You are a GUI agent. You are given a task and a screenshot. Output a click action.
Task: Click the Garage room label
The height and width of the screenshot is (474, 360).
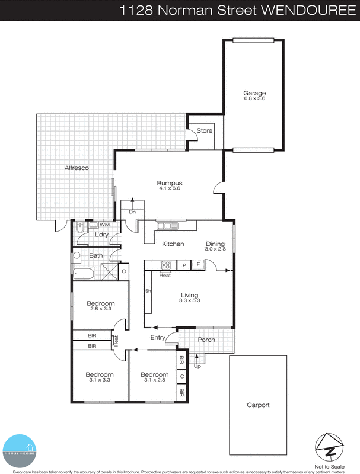click(254, 93)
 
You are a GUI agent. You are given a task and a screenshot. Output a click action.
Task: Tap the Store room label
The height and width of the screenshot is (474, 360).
click(205, 131)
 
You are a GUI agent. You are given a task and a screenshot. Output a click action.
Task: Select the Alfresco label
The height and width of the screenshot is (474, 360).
click(77, 168)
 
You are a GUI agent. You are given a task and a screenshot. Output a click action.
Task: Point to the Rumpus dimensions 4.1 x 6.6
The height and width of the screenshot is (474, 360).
click(168, 189)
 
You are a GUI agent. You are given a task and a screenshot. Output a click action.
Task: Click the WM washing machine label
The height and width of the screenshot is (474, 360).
click(104, 225)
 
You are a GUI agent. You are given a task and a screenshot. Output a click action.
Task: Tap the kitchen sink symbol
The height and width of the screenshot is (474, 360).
click(167, 226)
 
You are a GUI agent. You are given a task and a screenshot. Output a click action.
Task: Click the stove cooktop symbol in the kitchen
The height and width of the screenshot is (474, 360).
click(166, 265)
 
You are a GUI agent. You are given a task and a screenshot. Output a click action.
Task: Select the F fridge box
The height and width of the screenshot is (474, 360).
click(199, 265)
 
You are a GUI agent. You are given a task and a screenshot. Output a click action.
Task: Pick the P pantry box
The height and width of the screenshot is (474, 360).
click(184, 265)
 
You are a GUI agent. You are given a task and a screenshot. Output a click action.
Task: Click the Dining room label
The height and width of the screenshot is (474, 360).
click(215, 244)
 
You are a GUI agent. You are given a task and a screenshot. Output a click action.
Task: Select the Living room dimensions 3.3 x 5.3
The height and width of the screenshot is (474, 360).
click(190, 301)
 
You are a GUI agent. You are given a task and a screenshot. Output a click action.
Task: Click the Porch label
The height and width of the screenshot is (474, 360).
click(206, 340)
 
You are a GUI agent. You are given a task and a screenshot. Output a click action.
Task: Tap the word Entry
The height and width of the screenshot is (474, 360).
click(158, 337)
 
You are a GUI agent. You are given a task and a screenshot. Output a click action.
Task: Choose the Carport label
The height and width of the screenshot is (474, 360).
click(258, 405)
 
